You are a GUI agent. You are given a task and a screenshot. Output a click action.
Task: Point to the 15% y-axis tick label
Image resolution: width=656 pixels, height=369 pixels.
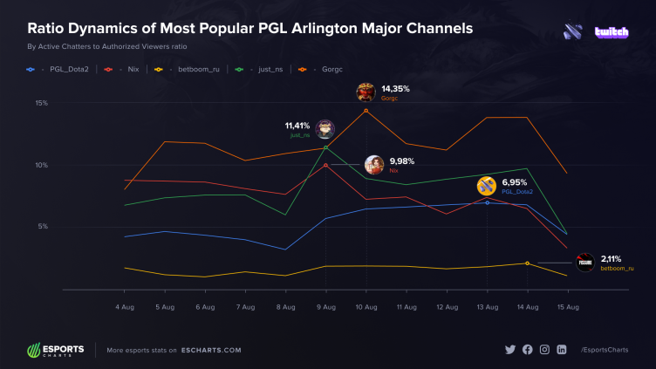(x=41, y=103)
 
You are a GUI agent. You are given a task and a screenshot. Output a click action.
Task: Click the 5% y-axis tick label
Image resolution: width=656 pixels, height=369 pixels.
(x=42, y=227)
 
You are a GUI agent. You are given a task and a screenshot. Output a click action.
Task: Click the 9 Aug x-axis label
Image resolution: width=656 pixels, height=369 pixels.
(x=326, y=307)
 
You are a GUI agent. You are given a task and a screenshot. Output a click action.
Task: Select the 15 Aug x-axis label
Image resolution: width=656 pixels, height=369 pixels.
(x=567, y=307)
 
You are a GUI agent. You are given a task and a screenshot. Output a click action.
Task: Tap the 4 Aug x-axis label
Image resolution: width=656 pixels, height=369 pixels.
(x=125, y=307)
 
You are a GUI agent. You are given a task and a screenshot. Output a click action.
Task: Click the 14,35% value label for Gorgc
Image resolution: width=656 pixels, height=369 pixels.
(x=396, y=89)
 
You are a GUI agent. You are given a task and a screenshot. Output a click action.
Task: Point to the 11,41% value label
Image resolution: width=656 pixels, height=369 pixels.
(x=297, y=126)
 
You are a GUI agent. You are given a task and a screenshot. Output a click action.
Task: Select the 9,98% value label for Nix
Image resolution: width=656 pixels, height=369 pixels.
(x=402, y=161)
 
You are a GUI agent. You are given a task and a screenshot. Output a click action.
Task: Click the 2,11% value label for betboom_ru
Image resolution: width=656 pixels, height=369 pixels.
(x=612, y=258)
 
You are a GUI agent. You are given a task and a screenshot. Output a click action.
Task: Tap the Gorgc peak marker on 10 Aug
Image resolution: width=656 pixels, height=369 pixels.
(x=366, y=111)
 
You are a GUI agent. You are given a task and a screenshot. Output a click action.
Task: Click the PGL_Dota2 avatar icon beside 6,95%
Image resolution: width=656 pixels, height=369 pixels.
(x=486, y=185)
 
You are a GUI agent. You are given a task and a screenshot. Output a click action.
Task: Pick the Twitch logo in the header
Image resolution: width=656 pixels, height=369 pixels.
(x=612, y=32)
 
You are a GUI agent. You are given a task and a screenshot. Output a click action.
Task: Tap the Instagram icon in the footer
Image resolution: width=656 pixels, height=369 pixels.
(x=544, y=350)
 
